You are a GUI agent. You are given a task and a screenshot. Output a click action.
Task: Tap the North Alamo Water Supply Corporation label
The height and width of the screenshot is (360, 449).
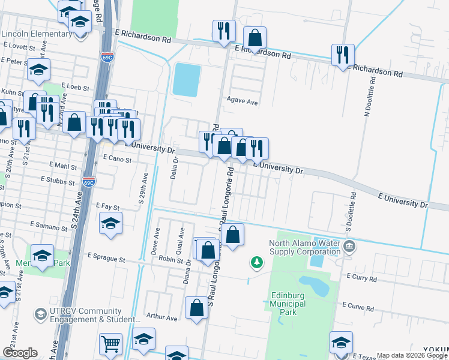pyautogui.click(x=304, y=247)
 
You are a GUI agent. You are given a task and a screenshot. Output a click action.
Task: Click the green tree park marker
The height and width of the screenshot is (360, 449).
pyautogui.click(x=257, y=262)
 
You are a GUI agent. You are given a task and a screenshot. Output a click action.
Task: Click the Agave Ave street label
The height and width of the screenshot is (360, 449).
pyautogui.click(x=242, y=103)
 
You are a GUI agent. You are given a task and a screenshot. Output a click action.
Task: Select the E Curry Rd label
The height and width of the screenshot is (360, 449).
pyautogui.click(x=361, y=279)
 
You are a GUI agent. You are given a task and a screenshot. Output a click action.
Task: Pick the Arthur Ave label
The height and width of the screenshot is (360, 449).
pyautogui.click(x=162, y=317)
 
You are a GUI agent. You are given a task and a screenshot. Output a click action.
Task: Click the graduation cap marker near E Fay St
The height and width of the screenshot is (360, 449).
pyautogui.click(x=111, y=224)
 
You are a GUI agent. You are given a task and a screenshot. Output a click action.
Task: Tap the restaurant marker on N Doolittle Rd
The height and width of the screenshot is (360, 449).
pyautogui.click(x=343, y=55)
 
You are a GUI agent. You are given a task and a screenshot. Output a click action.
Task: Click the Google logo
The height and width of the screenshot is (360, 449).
pyautogui.click(x=20, y=353)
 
